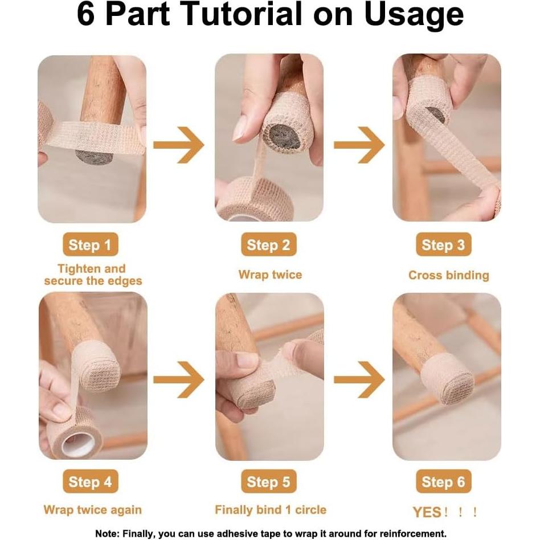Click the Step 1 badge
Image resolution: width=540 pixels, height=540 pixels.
coord(91,244)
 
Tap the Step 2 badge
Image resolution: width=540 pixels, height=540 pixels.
coord(269,244)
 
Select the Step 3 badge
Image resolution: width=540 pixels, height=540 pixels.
coord(444,244)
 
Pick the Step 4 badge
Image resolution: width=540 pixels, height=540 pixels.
coord(91,481)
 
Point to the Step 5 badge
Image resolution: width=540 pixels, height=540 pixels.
coord(269,481)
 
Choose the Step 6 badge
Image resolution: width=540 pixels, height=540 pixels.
coord(444,481)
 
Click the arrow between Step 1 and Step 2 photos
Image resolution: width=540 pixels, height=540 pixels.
coord(179,145)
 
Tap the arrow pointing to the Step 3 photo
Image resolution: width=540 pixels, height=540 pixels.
coord(359,145)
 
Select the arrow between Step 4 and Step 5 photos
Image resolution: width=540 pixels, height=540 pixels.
coord(179,379)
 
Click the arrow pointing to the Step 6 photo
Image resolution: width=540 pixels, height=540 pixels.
coord(359,379)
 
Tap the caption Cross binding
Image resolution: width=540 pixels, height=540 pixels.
coord(449,275)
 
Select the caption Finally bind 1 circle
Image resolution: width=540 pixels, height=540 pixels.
coord(271,510)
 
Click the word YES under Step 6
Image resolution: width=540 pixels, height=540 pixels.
coord(427,512)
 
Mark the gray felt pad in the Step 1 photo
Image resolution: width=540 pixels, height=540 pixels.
coord(94,158)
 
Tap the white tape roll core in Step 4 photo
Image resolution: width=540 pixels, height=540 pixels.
coord(79,444)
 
